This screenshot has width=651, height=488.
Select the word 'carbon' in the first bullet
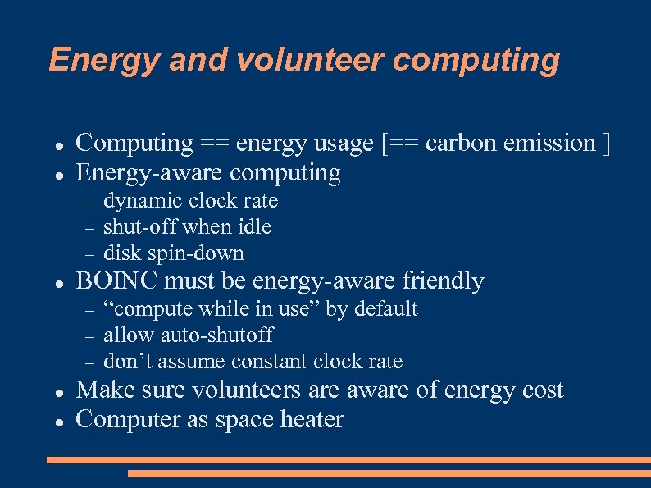(x=464, y=143)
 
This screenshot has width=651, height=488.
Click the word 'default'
(x=385, y=309)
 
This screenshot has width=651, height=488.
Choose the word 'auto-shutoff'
(x=216, y=335)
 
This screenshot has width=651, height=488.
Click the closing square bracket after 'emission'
(x=606, y=144)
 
